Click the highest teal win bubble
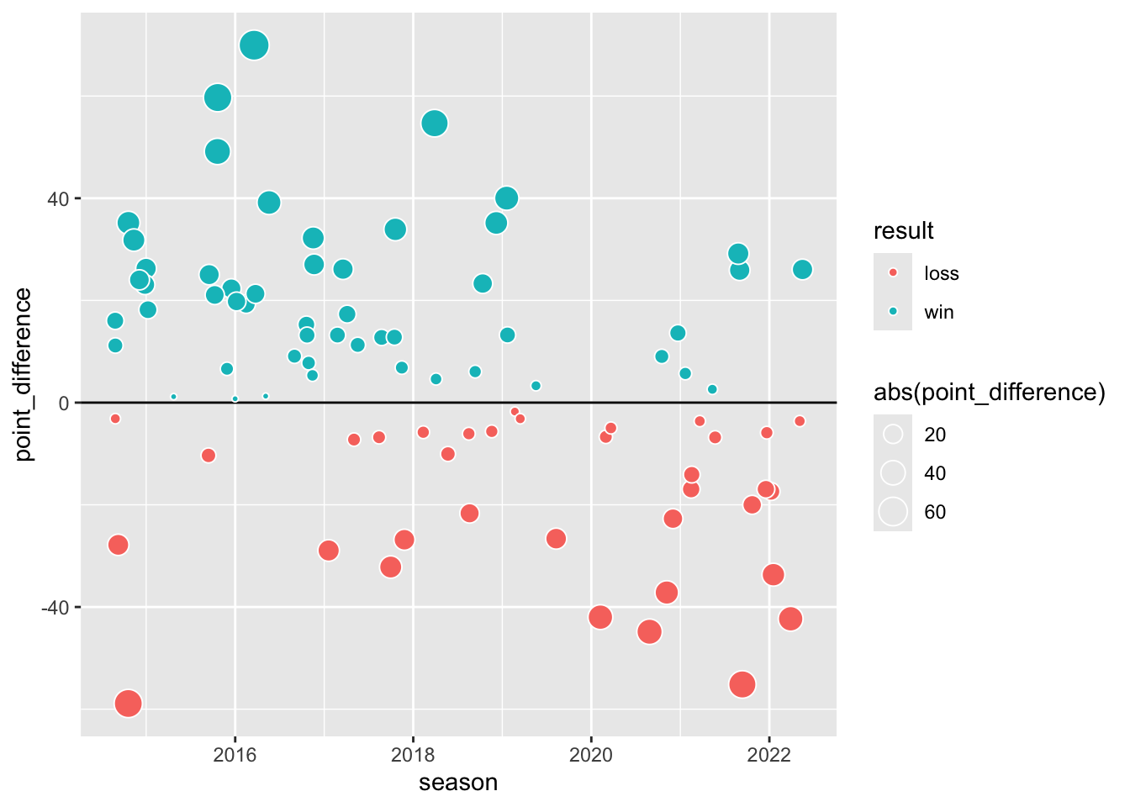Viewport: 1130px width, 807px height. [254, 45]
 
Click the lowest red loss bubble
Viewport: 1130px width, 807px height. [128, 703]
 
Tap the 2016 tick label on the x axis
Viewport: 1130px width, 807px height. [235, 754]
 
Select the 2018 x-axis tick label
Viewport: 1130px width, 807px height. [413, 754]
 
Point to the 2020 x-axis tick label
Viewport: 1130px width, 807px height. [591, 754]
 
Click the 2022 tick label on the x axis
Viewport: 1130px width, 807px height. [769, 754]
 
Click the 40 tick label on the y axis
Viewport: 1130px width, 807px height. [58, 199]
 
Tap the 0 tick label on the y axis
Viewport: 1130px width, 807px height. [63, 403]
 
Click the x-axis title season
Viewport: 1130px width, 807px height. [458, 783]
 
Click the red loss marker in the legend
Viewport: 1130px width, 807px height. [893, 273]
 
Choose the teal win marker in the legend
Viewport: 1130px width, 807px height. [893, 312]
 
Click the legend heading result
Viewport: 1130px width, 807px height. [904, 231]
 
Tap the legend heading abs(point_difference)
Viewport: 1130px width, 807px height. [989, 393]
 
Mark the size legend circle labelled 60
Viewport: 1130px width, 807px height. [893, 512]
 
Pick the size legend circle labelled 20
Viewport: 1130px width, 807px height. [893, 435]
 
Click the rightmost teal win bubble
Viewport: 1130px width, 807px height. [802, 270]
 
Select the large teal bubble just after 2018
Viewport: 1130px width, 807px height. [435, 124]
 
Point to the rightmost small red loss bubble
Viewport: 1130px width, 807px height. [800, 421]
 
